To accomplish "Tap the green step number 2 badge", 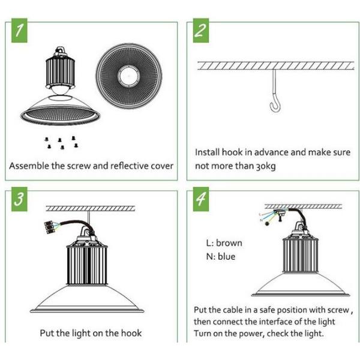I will (200, 32).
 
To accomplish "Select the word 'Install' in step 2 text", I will (208, 152).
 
